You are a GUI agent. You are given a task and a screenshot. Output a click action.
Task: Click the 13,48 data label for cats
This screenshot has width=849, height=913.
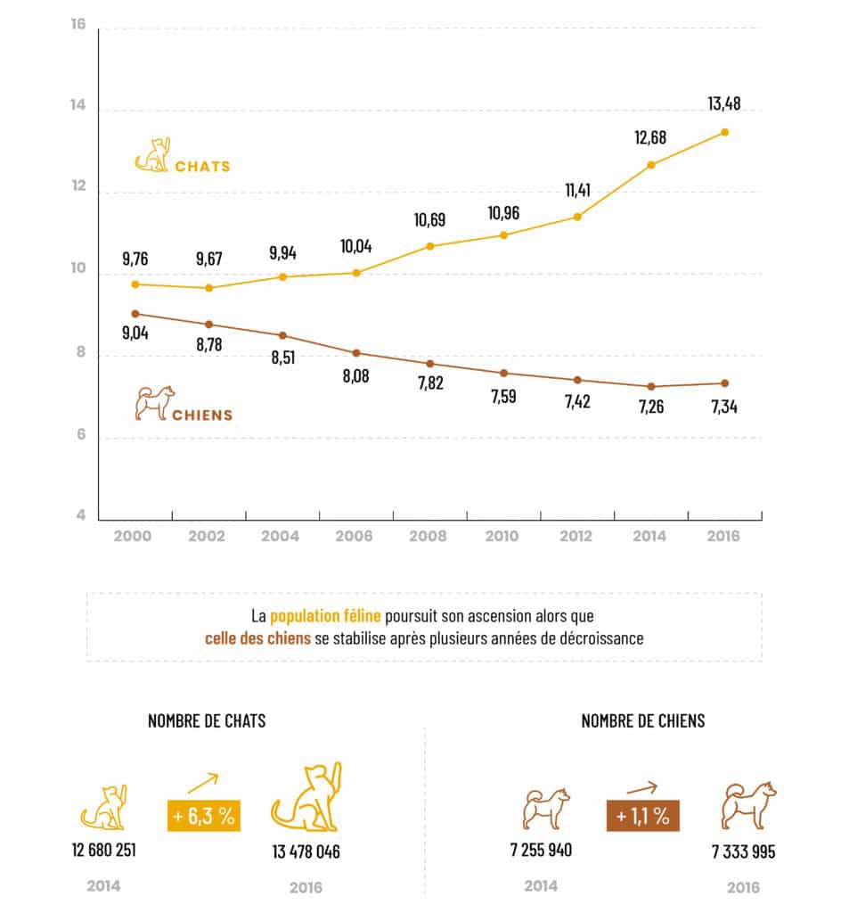(x=724, y=104)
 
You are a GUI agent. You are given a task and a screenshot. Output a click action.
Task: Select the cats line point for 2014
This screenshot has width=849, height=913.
(x=651, y=165)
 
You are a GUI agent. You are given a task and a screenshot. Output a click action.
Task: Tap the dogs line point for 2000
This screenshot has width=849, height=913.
(x=135, y=314)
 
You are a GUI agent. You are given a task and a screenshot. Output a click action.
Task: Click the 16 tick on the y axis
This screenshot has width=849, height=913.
(x=78, y=24)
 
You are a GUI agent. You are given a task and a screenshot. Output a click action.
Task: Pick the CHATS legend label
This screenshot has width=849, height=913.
(x=202, y=167)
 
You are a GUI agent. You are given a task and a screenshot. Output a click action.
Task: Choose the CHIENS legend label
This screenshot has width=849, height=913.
(x=202, y=415)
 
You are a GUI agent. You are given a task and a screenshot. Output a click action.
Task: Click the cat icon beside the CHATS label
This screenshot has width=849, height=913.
(x=152, y=155)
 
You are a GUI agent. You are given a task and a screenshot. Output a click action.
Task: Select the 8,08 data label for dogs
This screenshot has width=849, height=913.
(x=355, y=375)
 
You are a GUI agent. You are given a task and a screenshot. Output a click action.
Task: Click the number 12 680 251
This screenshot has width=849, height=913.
(x=103, y=849)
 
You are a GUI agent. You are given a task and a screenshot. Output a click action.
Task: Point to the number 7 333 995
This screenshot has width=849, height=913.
(x=743, y=851)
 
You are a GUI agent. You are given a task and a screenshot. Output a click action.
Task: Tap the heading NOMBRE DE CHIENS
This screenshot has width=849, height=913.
(x=642, y=720)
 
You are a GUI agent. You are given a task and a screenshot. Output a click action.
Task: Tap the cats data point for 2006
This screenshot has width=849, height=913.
(x=356, y=273)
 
